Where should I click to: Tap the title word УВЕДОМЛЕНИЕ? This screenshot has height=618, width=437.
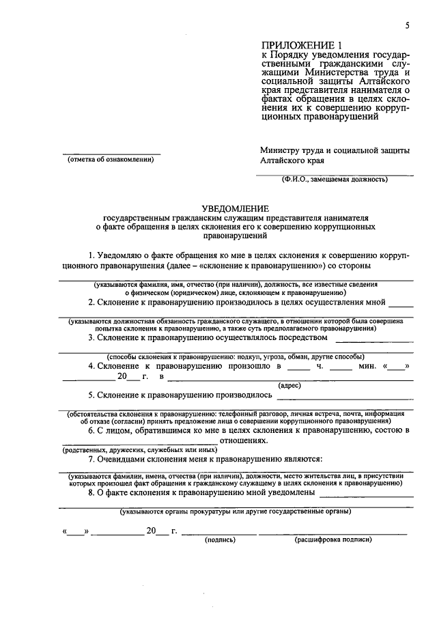tap(235, 208)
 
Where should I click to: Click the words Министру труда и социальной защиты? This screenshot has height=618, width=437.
tap(335, 150)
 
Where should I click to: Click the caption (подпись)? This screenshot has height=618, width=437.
tap(220, 539)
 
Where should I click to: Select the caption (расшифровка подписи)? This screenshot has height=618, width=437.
tap(333, 539)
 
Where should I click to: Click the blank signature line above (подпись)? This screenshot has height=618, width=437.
tap(220, 532)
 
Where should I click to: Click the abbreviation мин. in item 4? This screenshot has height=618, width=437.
tap(368, 366)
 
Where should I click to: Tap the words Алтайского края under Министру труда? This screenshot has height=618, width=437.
tap(292, 161)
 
